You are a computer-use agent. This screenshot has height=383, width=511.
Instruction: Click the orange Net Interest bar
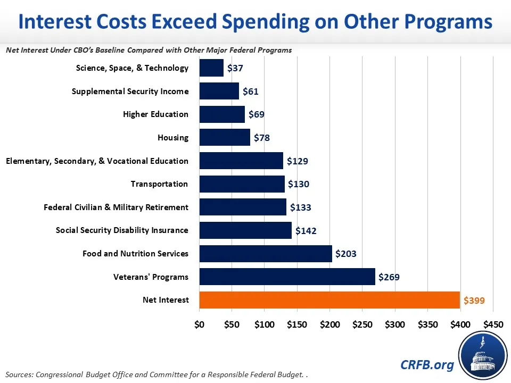(329, 300)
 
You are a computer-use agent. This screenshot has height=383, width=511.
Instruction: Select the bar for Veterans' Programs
(287, 277)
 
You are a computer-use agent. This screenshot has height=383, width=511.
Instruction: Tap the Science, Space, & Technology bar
(211, 68)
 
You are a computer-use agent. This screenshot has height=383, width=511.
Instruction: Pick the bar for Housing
(225, 138)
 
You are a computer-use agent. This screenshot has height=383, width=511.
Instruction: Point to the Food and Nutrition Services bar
(266, 254)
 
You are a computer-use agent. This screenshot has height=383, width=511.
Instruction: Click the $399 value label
(474, 300)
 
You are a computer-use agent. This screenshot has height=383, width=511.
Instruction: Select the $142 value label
(306, 231)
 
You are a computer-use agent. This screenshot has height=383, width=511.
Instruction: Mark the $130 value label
(299, 184)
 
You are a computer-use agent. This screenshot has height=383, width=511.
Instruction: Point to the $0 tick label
(200, 324)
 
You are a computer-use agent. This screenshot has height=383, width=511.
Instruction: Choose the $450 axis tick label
(492, 324)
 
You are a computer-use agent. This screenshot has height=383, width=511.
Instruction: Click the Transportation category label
(159, 184)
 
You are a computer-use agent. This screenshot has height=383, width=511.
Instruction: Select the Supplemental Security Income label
(130, 91)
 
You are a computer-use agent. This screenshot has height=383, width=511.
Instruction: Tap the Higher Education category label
(155, 114)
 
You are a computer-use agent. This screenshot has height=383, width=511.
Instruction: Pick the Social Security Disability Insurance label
(122, 230)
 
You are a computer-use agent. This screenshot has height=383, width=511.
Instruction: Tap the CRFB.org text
(427, 364)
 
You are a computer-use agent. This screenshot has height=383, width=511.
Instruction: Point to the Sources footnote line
(157, 375)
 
